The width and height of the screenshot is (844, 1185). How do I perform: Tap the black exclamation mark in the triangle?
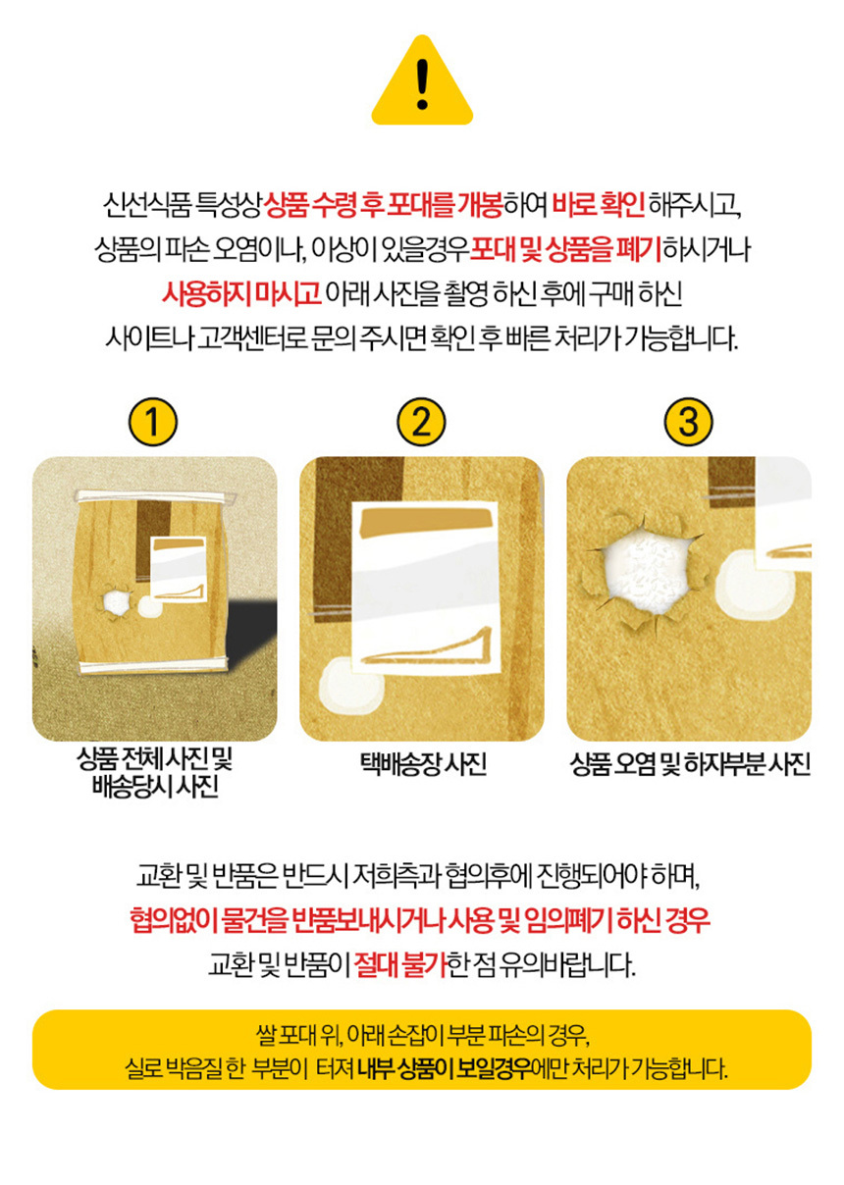click(x=422, y=83)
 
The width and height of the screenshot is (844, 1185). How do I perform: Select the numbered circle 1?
click(x=153, y=422)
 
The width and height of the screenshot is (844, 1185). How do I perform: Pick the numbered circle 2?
click(x=421, y=422)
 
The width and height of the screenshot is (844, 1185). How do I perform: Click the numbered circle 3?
click(x=688, y=422)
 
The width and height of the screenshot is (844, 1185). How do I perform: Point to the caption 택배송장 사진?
click(x=423, y=764)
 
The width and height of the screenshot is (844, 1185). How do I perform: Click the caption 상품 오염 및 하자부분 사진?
click(x=690, y=764)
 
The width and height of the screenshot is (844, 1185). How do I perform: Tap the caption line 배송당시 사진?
click(x=155, y=786)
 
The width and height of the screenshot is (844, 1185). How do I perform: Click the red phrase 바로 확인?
click(x=598, y=205)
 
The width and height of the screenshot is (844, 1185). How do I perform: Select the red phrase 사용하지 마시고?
click(x=241, y=292)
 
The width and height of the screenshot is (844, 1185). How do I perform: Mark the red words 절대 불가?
click(x=400, y=964)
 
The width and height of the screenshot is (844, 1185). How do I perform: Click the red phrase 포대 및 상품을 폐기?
click(x=565, y=248)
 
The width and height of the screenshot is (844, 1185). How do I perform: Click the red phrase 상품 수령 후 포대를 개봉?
click(x=383, y=205)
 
